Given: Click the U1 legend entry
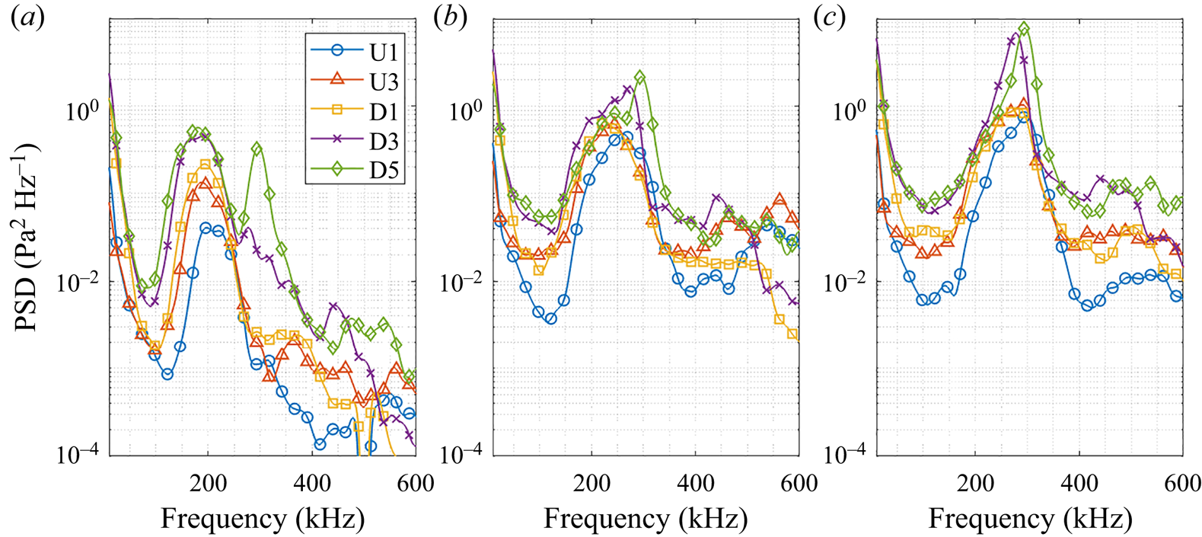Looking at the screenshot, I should pyautogui.click(x=355, y=51).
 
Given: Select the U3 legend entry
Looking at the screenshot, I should pyautogui.click(x=355, y=81).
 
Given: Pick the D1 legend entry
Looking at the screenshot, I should pyautogui.click(x=355, y=110).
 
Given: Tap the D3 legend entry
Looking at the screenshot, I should pyautogui.click(x=355, y=141).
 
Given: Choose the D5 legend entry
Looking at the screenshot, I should pyautogui.click(x=355, y=171).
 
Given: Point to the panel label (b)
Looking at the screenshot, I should pyautogui.click(x=450, y=18).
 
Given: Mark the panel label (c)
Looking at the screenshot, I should pyautogui.click(x=830, y=18).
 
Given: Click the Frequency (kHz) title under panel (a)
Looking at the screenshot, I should pyautogui.click(x=263, y=519).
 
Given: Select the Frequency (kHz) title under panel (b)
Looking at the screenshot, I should pyautogui.click(x=646, y=519).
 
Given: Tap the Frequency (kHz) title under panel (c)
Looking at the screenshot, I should pyautogui.click(x=1030, y=519).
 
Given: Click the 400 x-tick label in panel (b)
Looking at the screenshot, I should pyautogui.click(x=695, y=483).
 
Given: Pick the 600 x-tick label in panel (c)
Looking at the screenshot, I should pyautogui.click(x=1182, y=483).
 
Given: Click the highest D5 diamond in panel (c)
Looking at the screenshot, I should pyautogui.click(x=1024, y=29).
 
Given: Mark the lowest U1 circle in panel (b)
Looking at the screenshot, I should pyautogui.click(x=550, y=318).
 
